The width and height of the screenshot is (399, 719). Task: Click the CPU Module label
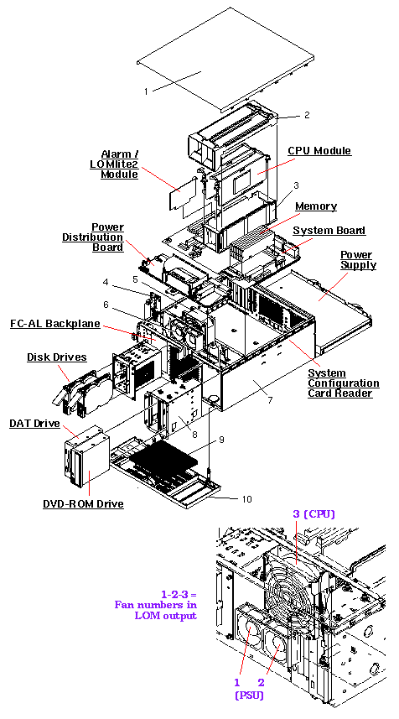(319, 151)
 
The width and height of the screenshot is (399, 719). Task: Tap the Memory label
(316, 206)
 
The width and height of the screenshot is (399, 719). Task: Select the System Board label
(328, 231)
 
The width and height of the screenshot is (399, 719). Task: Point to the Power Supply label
(358, 259)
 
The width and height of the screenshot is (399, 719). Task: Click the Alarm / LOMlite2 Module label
(119, 164)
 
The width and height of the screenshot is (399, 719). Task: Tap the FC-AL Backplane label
(55, 324)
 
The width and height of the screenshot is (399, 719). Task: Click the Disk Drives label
(56, 357)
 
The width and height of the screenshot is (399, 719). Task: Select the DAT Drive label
(34, 424)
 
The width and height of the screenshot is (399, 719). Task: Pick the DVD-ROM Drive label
(83, 503)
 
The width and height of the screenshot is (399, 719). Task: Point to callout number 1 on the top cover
(145, 90)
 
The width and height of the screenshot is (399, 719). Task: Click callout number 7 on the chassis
(269, 400)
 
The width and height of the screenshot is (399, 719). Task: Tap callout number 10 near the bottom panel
(246, 499)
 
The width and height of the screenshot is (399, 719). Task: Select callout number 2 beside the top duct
(307, 115)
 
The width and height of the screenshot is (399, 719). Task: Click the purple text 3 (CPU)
(313, 514)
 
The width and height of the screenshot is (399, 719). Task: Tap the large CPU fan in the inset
(293, 591)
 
